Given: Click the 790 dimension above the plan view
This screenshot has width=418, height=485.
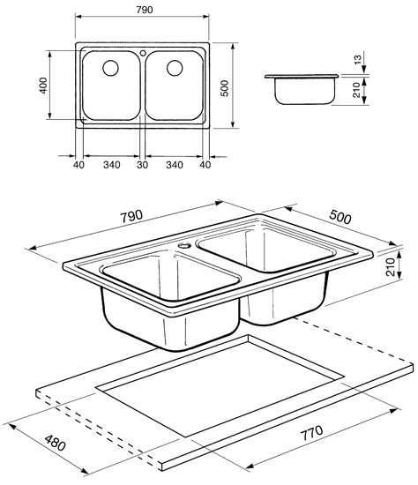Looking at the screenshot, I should tap(141, 8).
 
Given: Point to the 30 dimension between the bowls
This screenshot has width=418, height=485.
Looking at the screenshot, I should tap(142, 164).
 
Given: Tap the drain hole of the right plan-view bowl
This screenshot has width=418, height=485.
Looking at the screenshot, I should tap(173, 67).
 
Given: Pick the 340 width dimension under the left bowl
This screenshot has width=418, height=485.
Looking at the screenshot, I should tap(110, 164).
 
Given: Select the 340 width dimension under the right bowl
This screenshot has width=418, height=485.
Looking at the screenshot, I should tap(174, 164).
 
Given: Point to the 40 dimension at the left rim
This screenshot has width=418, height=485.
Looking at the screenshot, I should tap(77, 164).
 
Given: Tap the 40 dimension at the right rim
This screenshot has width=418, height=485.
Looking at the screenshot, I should tap(206, 164).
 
